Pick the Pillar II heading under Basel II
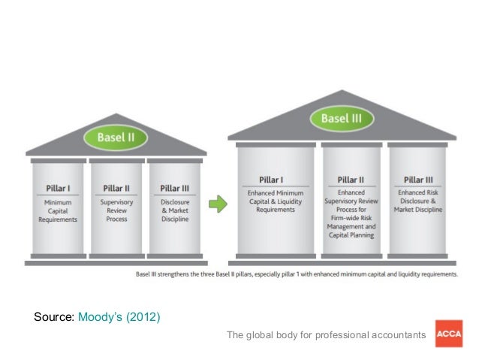pyautogui.click(x=116, y=188)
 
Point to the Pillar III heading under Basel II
pyautogui.click(x=175, y=188)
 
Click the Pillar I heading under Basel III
pyautogui.click(x=270, y=180)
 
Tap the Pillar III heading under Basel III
pyautogui.click(x=418, y=180)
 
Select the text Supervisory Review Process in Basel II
pyautogui.click(x=116, y=210)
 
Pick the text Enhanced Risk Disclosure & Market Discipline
pyautogui.click(x=418, y=202)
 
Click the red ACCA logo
pyautogui.click(x=448, y=334)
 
